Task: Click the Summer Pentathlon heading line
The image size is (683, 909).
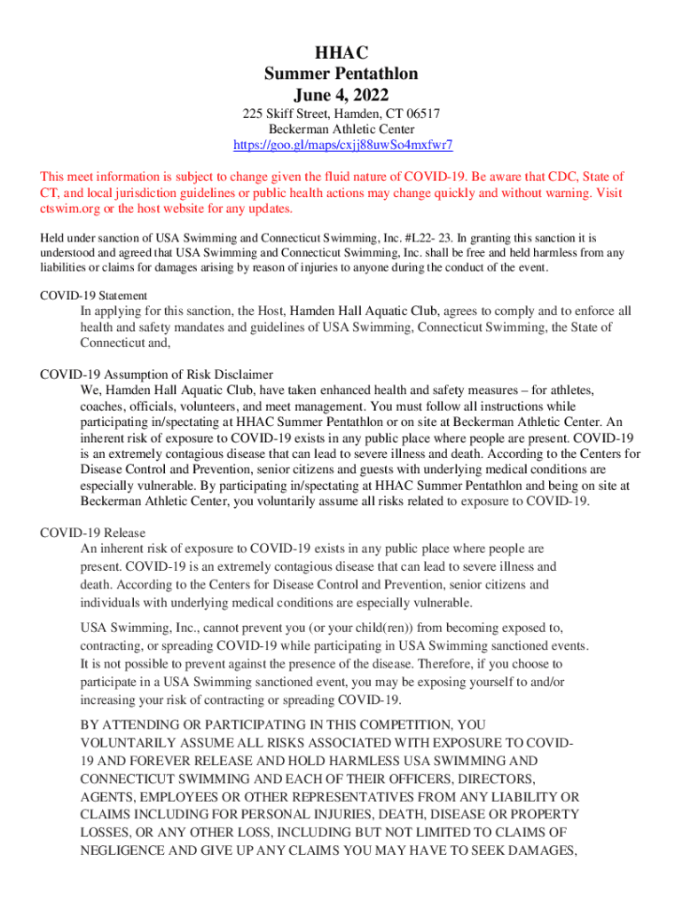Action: (341, 74)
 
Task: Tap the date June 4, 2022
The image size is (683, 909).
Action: (341, 94)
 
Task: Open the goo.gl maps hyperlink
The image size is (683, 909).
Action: (341, 145)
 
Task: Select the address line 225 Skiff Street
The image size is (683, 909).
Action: (341, 115)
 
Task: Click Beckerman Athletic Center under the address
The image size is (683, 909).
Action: (341, 130)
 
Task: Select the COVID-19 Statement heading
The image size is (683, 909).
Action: (94, 296)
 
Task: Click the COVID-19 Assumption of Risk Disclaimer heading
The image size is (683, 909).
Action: (157, 374)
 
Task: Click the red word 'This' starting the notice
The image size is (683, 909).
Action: (55, 177)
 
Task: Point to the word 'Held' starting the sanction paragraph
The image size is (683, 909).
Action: (54, 238)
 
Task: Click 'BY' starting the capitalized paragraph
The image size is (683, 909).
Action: (90, 725)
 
